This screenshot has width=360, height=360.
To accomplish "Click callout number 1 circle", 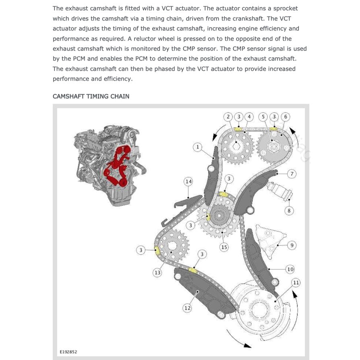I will pos(197,147).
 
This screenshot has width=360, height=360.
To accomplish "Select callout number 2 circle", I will pos(228,117).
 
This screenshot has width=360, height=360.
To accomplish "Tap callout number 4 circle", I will pos(249,117).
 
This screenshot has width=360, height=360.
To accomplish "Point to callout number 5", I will pos(263,117).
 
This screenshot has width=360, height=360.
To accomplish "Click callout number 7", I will pos(292,174).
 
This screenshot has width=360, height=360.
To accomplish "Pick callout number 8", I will pos(289,210).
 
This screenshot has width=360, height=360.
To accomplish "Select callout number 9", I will pos(292,244).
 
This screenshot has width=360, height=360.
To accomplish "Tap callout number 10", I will pos(290,269).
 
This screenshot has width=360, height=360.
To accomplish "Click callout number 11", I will pos(296,283).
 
